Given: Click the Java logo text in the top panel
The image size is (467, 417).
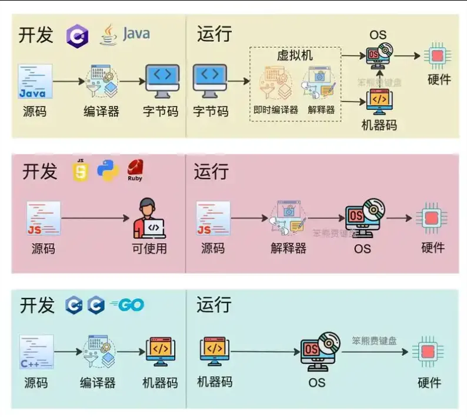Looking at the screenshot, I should pyautogui.click(x=136, y=34).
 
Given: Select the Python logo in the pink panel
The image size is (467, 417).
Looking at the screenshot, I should pyautogui.click(x=108, y=170).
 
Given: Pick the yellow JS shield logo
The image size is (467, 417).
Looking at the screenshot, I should pyautogui.click(x=81, y=170).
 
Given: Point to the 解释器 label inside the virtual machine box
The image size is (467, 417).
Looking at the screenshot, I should pyautogui.click(x=321, y=110).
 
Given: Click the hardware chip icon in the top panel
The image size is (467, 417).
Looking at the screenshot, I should pyautogui.click(x=438, y=55).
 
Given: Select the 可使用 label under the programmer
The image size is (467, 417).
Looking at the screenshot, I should pyautogui.click(x=149, y=248).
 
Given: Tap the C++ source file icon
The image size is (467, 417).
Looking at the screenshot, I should pyautogui.click(x=36, y=352).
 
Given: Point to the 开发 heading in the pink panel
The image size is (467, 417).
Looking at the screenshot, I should pyautogui.click(x=40, y=171).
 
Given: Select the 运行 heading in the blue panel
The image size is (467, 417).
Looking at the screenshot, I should pyautogui.click(x=214, y=305).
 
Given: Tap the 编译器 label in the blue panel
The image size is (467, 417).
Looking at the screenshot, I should pyautogui.click(x=98, y=383).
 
